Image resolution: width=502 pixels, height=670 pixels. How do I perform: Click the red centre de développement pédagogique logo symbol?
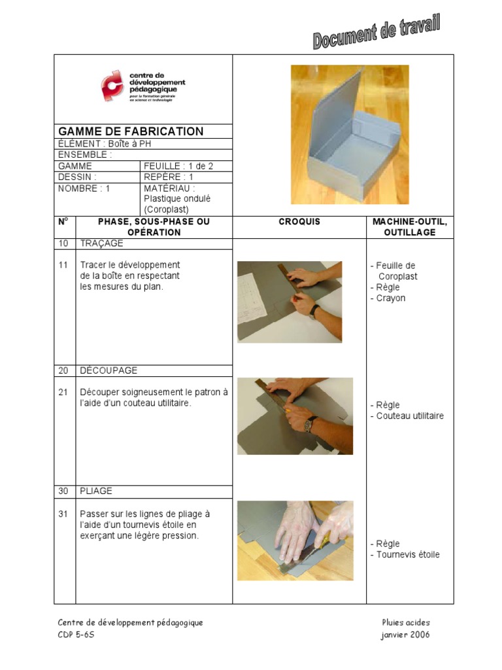[x=112, y=86]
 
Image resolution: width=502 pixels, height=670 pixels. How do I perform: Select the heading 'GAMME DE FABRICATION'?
[x=131, y=132]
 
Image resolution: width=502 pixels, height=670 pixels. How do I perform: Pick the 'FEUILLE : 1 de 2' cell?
[x=178, y=166]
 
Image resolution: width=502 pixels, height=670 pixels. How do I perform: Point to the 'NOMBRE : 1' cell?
[x=84, y=188]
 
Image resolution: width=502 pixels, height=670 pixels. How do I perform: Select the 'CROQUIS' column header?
[x=299, y=222]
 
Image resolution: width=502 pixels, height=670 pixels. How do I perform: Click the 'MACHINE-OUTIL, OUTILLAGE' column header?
[x=410, y=227]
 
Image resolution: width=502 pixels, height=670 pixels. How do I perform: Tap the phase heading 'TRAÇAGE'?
[x=101, y=243]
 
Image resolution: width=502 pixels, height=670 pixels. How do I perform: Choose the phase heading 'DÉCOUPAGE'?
[x=109, y=370]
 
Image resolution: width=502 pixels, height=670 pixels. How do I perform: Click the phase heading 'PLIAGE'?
[x=96, y=491]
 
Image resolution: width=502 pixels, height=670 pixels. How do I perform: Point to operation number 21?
[x=63, y=393]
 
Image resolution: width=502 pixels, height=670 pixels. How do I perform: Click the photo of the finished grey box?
[x=350, y=134]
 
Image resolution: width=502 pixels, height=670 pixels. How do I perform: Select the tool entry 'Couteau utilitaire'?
[x=409, y=415]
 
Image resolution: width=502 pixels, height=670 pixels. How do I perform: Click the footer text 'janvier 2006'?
[x=405, y=635]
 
